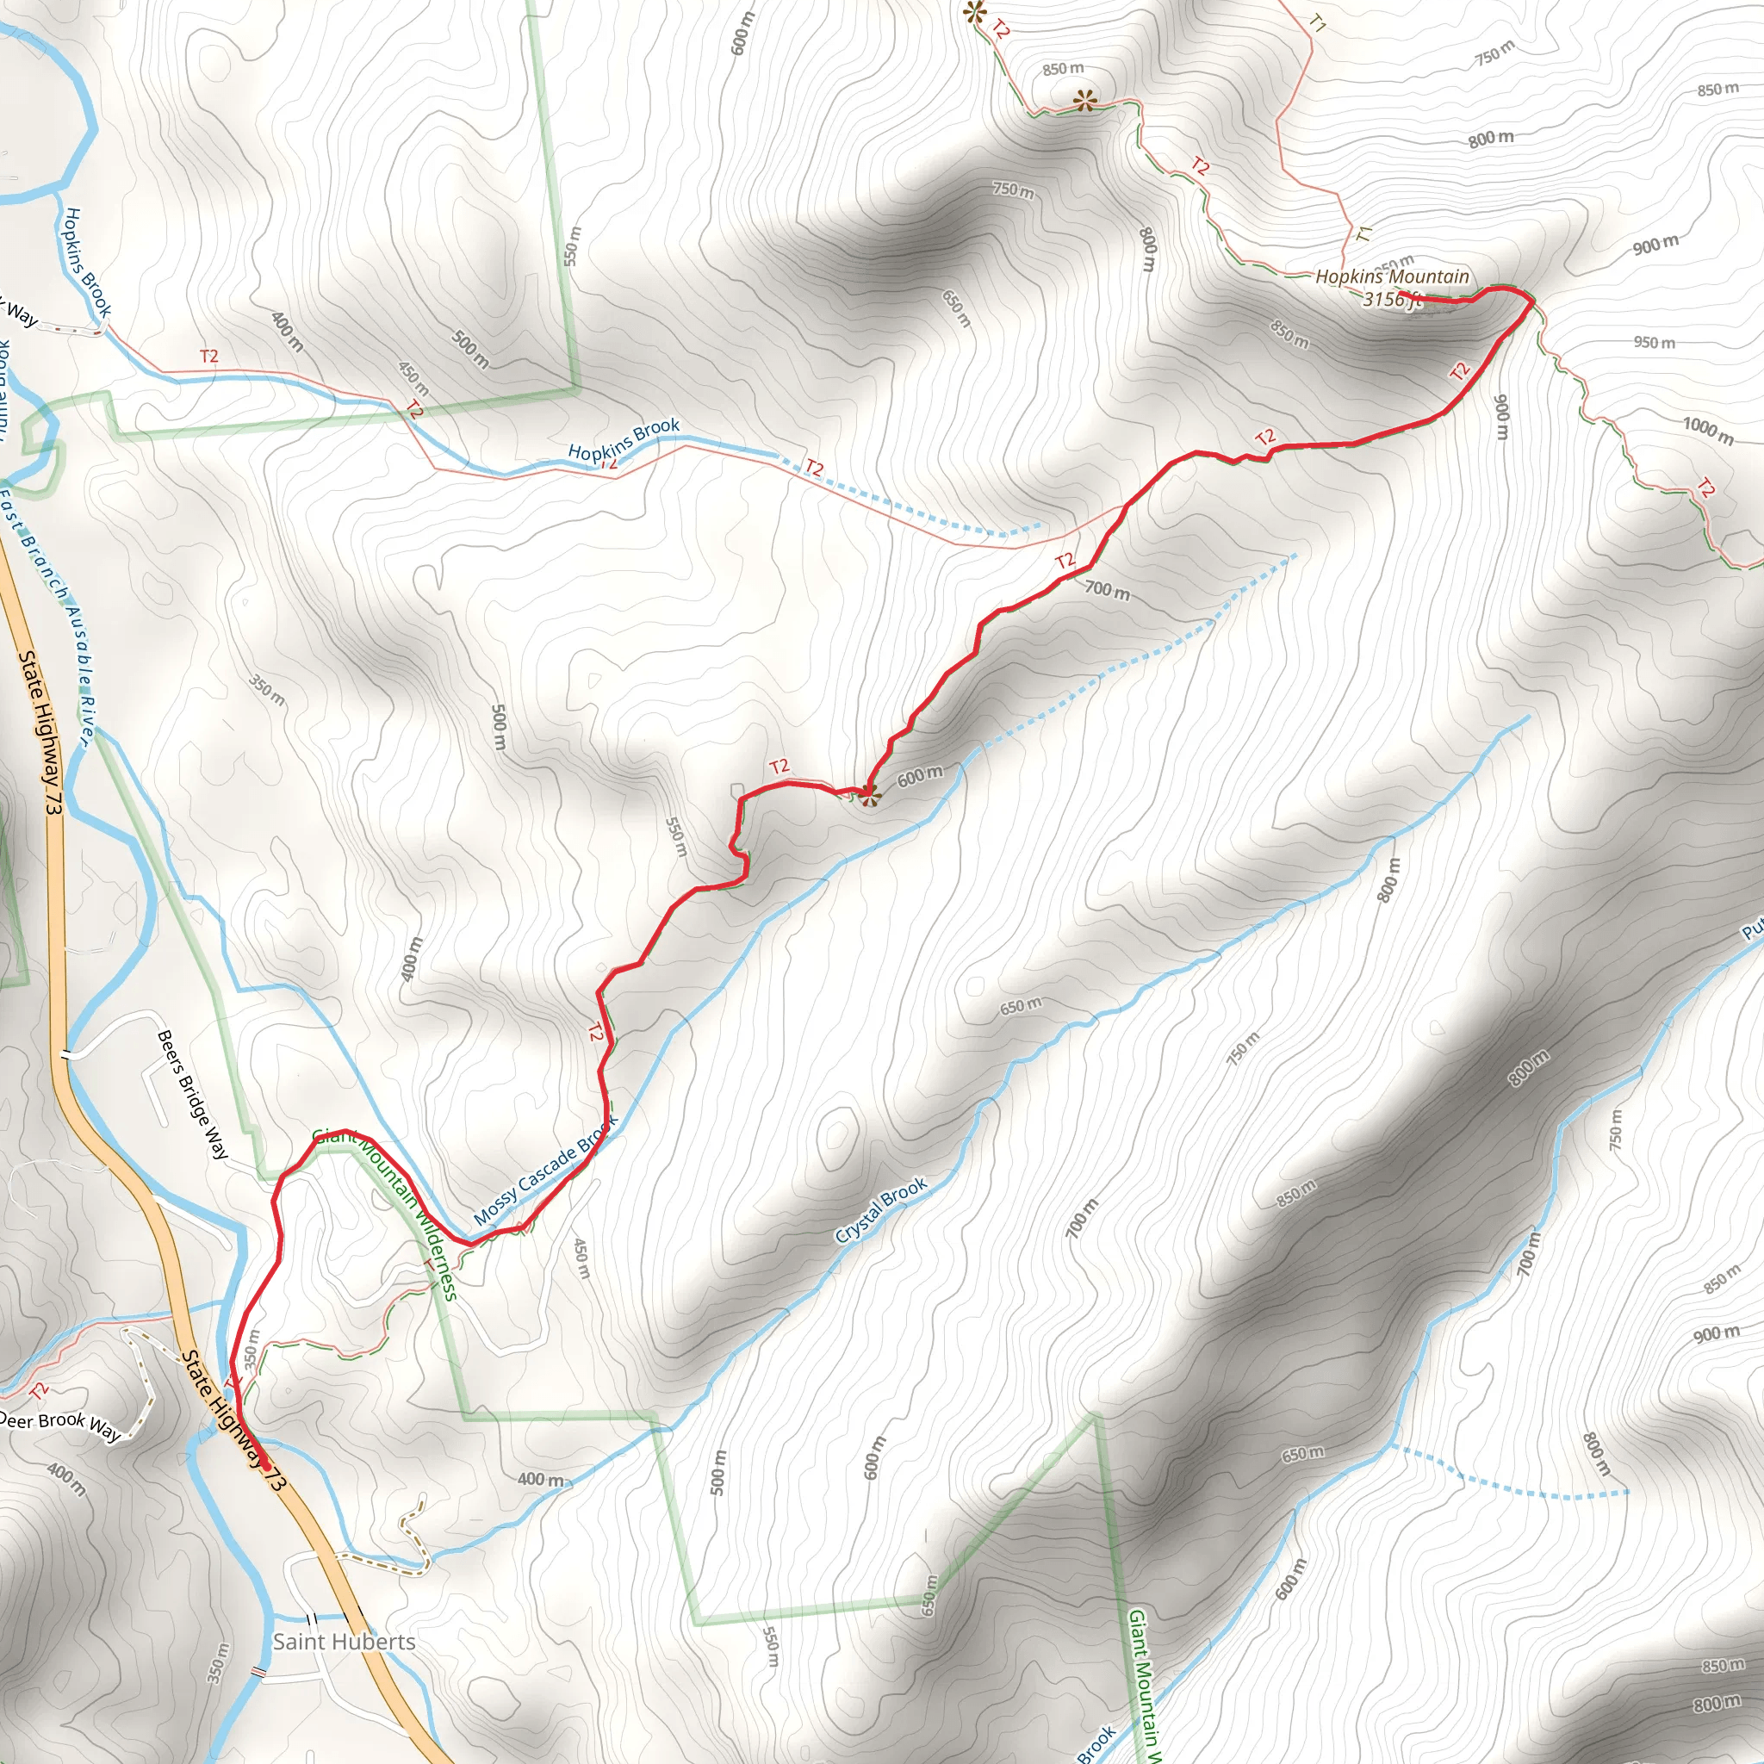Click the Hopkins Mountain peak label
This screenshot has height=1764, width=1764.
pos(1392,276)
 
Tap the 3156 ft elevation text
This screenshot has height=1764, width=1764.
pos(1392,300)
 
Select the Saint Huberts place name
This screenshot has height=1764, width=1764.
pos(344,1642)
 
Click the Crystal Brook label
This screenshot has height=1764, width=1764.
pos(880,1210)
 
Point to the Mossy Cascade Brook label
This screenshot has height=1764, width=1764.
pos(545,1171)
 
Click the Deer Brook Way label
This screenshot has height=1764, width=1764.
pos(60,1425)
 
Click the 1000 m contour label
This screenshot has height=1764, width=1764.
pos(1707,429)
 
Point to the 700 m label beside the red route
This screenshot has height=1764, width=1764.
pos(1107,591)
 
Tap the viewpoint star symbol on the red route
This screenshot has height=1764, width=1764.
pos(869,794)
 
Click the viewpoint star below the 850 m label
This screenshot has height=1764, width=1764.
pos(1084,101)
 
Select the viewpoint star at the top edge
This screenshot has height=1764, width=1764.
pos(975,13)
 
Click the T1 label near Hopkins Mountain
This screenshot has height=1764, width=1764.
pos(1363,233)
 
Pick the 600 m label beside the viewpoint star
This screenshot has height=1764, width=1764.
pos(918,776)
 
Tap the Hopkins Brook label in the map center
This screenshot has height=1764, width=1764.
pos(624,438)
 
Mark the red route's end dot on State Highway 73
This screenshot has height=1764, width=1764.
pos(264,1463)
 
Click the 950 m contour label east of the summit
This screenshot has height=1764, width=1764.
pos(1655,343)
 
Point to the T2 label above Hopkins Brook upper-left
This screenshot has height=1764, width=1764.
pos(209,356)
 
